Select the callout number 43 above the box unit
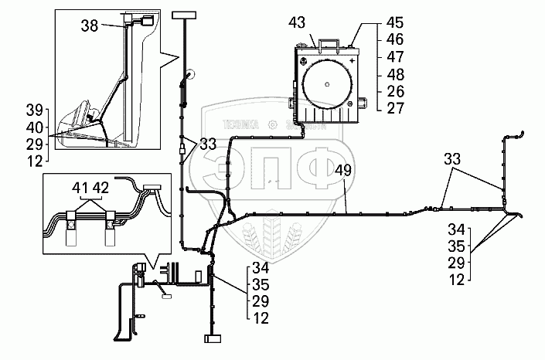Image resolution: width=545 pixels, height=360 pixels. click(319, 21)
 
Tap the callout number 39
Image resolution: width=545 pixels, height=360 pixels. click(34, 109)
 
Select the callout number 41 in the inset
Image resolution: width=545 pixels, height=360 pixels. click(78, 188)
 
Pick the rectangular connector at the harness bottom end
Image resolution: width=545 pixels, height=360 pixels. click(211, 338)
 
